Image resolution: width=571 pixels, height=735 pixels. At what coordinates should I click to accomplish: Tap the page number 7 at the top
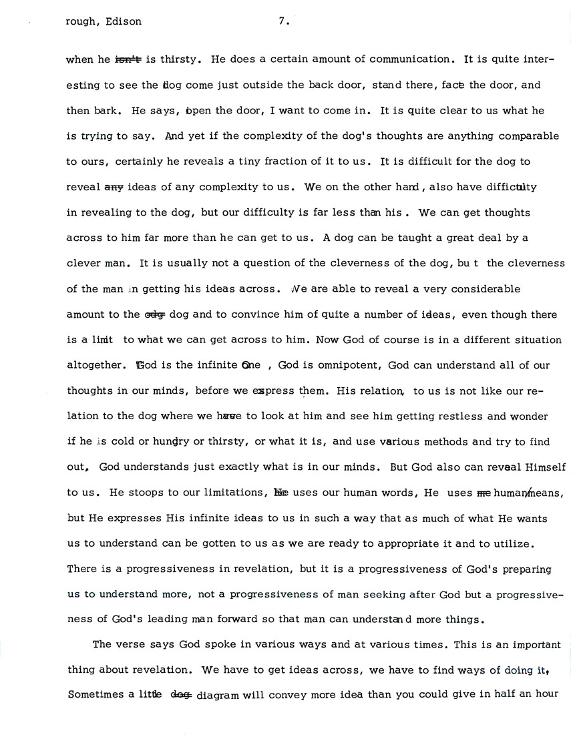pyautogui.click(x=283, y=21)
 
